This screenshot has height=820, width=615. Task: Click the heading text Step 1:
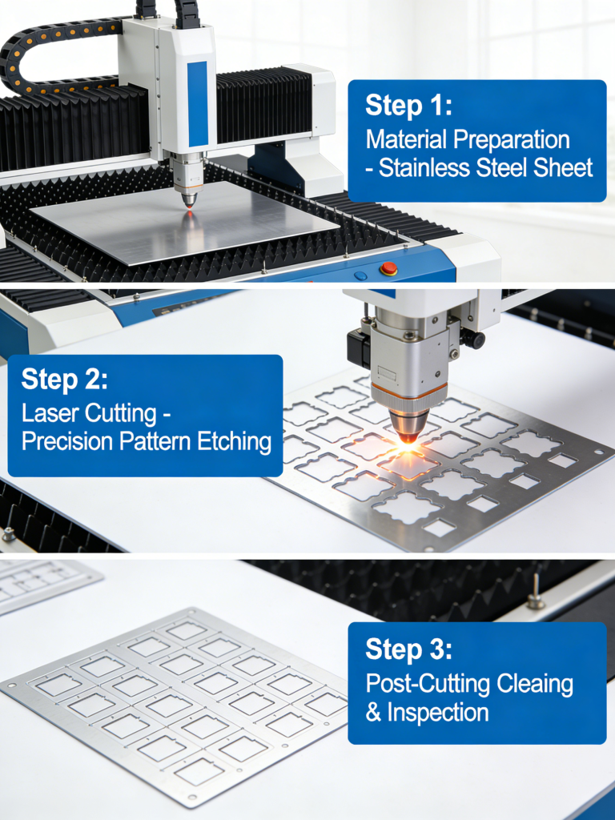coord(408,106)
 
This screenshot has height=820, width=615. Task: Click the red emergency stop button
coord(388,268)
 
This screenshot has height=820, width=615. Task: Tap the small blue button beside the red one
coord(360,275)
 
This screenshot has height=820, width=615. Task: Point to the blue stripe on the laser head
coord(198,103)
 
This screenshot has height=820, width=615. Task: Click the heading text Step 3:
coord(409,648)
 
